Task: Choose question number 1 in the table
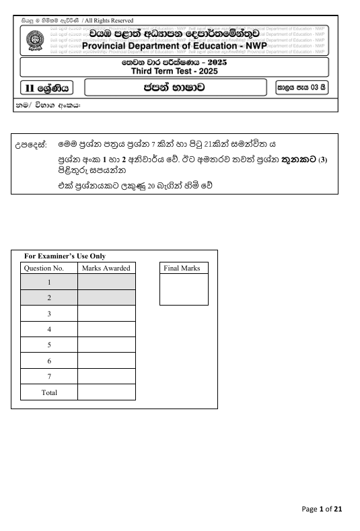click(49, 283)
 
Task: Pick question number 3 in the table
click(49, 314)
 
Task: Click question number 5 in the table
click(49, 345)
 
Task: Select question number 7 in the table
click(49, 376)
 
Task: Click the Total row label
click(49, 392)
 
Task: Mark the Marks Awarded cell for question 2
click(106, 298)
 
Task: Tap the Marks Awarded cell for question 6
click(106, 361)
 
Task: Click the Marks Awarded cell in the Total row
click(106, 392)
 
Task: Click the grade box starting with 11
click(44, 87)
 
